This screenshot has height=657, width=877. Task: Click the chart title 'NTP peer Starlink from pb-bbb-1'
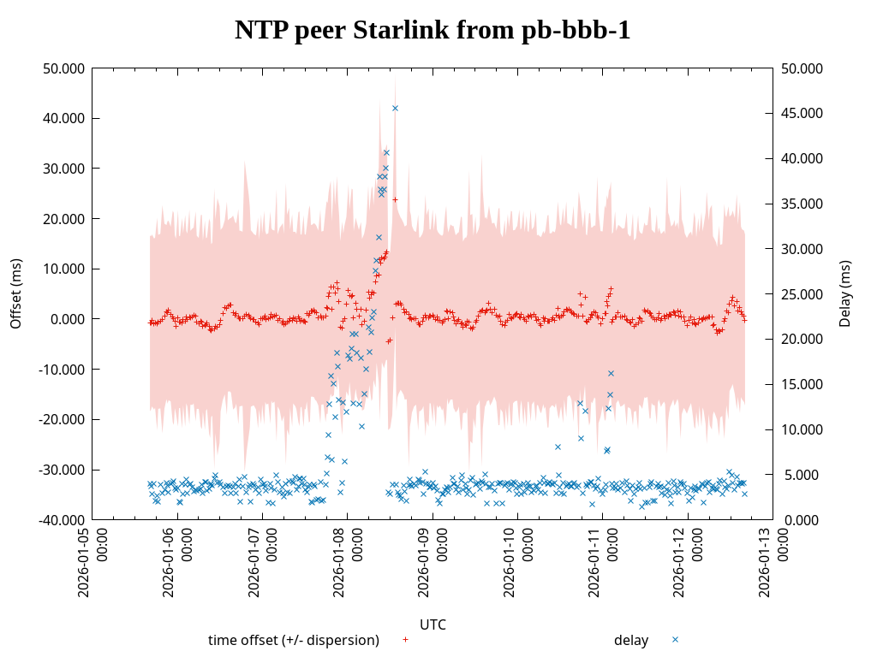(433, 31)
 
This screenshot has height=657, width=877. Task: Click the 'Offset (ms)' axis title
(15, 293)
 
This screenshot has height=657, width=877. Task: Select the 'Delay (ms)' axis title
(845, 293)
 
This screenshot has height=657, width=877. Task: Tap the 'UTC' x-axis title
(433, 624)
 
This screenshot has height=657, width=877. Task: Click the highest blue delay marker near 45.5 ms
(395, 108)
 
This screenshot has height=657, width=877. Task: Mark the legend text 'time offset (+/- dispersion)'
(294, 640)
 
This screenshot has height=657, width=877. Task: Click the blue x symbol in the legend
(675, 639)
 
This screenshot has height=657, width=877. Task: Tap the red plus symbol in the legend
(405, 639)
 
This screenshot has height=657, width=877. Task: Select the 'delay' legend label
(631, 640)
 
